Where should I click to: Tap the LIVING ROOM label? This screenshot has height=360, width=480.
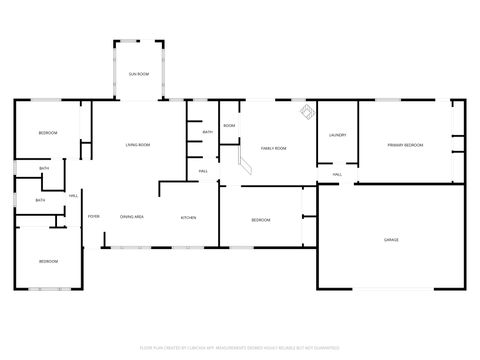(137, 146)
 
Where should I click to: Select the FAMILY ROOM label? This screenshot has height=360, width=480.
(273, 148)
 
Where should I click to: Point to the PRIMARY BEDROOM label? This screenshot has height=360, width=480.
(405, 146)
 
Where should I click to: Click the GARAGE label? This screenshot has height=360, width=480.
(391, 240)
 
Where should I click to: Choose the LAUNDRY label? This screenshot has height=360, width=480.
(337, 135)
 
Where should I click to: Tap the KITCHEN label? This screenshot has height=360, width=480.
(188, 217)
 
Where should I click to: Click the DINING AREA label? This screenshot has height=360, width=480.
(132, 217)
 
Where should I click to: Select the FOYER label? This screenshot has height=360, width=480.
(94, 217)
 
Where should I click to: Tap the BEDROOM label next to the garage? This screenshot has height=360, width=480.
(260, 220)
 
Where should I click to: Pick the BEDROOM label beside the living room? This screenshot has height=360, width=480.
(48, 134)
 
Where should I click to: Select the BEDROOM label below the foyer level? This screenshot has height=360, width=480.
(48, 261)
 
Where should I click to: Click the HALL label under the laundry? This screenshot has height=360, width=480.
(337, 175)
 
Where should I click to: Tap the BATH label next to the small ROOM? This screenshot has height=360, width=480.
(207, 132)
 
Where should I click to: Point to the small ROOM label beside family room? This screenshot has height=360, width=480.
(229, 126)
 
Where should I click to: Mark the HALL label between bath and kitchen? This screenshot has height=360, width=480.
(203, 172)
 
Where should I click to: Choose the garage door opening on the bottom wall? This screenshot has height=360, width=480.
(391, 289)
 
